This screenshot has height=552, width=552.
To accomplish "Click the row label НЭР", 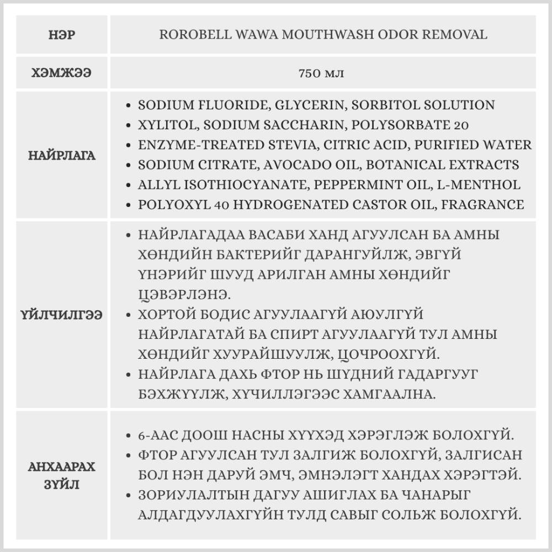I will (62, 35).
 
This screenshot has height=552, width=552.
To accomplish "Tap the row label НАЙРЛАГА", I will (62, 155).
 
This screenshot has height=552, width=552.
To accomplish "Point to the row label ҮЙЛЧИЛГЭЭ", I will (62, 316).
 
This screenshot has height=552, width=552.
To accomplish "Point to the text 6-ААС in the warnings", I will (160, 434).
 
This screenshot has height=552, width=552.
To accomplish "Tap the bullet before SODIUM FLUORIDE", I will (129, 105).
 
